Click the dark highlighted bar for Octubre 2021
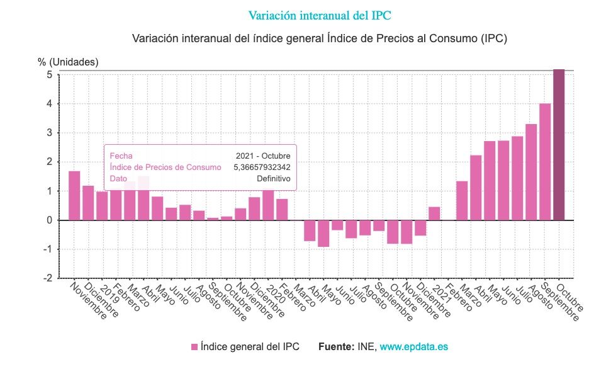tap(559, 145)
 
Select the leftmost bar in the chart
tap(74, 196)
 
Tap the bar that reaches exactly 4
tap(545, 162)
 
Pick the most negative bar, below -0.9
tap(323, 233)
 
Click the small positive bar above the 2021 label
tap(434, 213)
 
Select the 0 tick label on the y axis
tap(48, 220)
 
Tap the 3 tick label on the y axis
tap(48, 133)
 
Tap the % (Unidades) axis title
tap(68, 62)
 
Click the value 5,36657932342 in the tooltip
tap(262, 167)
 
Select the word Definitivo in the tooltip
tap(273, 178)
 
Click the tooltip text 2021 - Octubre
tap(263, 156)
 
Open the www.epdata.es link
tap(413, 347)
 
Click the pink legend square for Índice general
tap(194, 347)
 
